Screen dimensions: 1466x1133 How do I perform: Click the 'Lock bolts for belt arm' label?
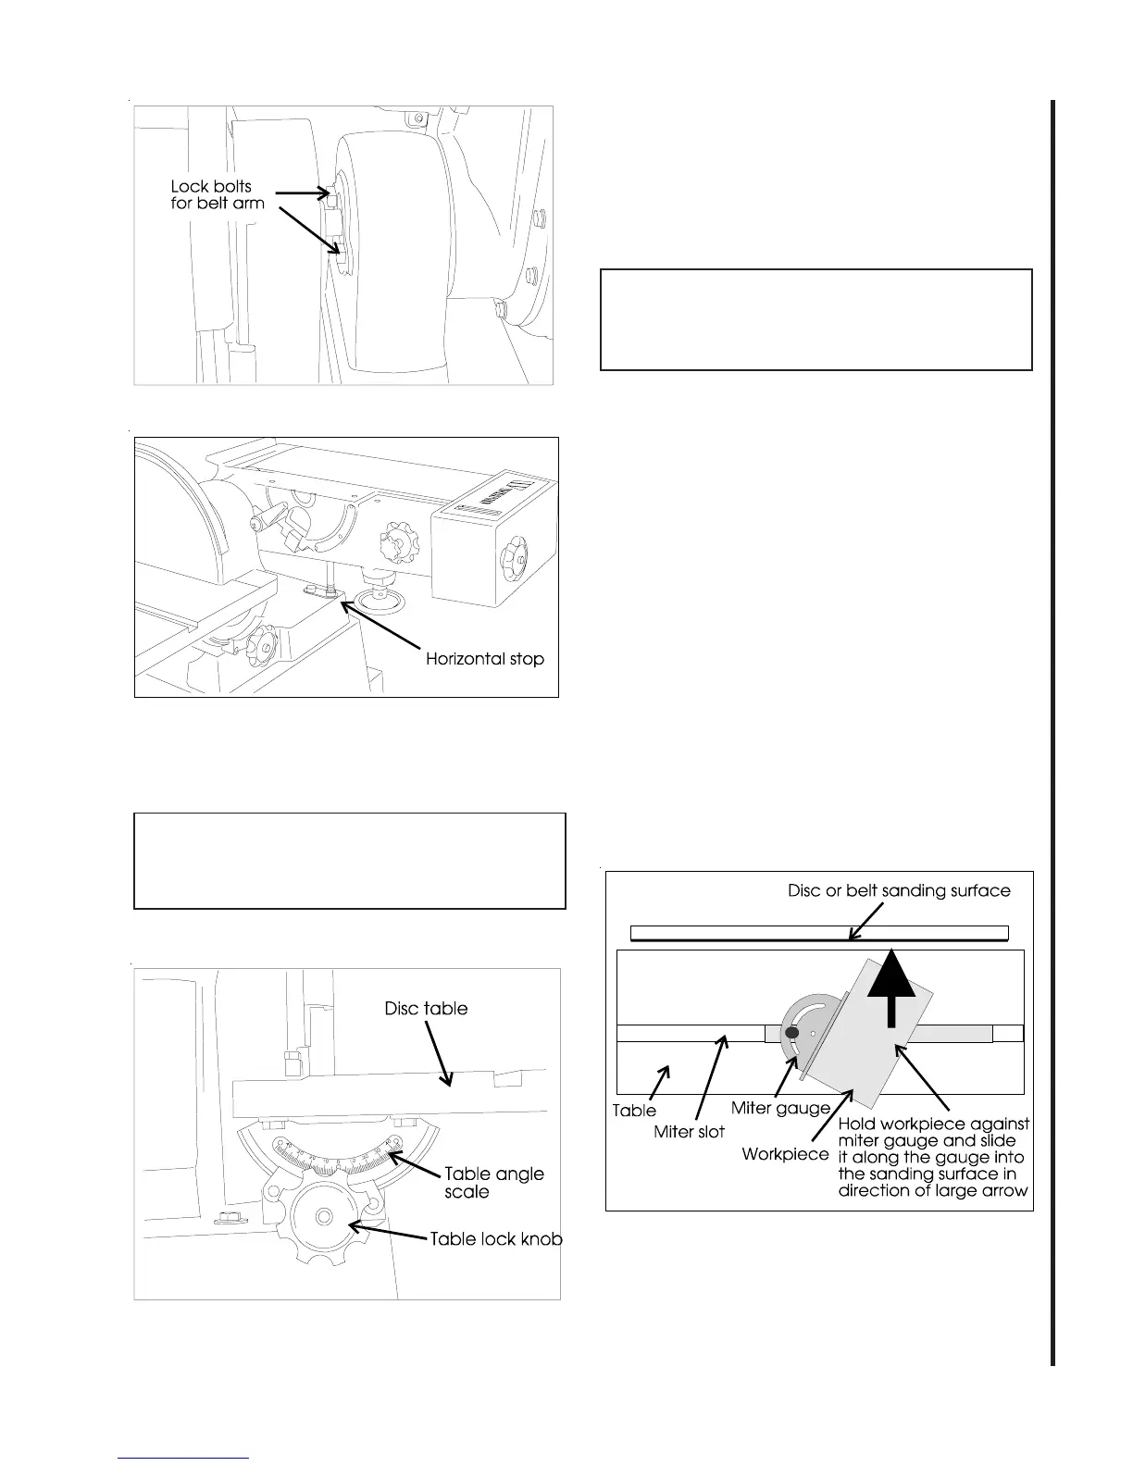pos(218,194)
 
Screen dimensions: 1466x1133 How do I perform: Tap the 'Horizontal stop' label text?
pos(484,659)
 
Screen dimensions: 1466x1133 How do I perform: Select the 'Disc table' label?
pos(426,1008)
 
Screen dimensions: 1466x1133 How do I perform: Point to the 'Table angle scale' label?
pos(494,1183)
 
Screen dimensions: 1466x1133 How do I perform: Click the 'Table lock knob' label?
pos(496,1238)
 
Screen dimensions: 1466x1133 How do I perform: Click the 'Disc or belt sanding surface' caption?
pos(899,890)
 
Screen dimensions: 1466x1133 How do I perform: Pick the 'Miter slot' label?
pos(689,1131)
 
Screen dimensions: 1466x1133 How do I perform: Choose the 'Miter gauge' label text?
pos(780,1107)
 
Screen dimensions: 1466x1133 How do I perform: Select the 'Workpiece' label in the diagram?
pos(785,1154)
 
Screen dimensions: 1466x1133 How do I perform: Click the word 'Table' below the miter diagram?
pos(634,1110)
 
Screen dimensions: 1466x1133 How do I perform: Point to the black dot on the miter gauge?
pos(791,1033)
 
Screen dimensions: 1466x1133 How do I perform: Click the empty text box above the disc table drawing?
pos(350,861)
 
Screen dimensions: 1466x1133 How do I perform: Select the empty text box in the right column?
pos(816,319)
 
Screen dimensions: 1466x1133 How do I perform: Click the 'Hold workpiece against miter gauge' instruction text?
pos(933,1157)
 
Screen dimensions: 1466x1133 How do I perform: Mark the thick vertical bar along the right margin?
pos(1053,731)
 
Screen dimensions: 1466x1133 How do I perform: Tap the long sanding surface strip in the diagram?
pos(818,933)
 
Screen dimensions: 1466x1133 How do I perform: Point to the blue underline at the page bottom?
pos(184,1459)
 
